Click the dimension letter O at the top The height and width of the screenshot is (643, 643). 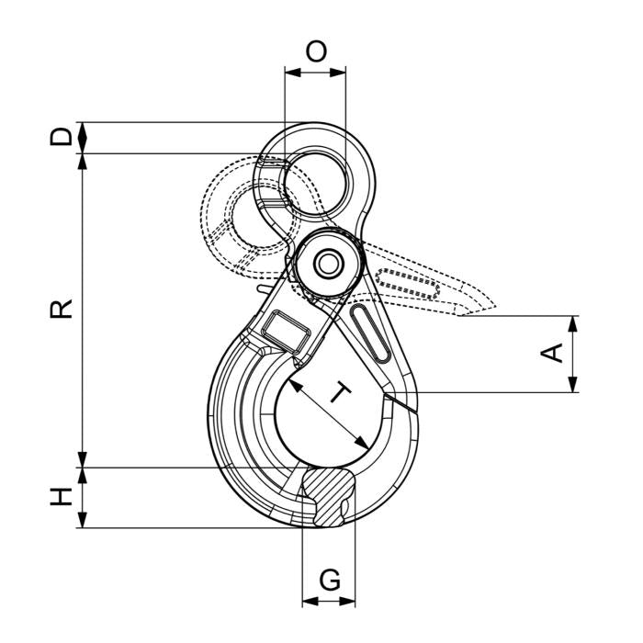tap(316, 51)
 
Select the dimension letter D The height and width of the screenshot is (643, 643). tap(61, 137)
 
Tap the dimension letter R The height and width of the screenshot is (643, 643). tap(61, 309)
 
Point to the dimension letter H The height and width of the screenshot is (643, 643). tap(61, 496)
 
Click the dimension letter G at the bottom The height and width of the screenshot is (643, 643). tap(330, 580)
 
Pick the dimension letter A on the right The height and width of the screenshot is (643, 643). tap(551, 354)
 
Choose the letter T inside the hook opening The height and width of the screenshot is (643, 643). tap(340, 392)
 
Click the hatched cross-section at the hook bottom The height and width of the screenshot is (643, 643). tap(328, 497)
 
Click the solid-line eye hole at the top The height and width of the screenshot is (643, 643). tap(316, 183)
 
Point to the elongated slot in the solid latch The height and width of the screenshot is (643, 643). tap(371, 333)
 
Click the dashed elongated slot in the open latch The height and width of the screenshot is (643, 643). tap(407, 283)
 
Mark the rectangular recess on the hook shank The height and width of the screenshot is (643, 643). tap(286, 332)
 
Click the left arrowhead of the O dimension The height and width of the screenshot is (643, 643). tap(293, 73)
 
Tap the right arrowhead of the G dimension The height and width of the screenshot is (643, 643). tap(347, 601)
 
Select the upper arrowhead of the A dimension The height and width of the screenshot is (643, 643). tap(573, 324)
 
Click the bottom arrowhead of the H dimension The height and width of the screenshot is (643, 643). tap(83, 520)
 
